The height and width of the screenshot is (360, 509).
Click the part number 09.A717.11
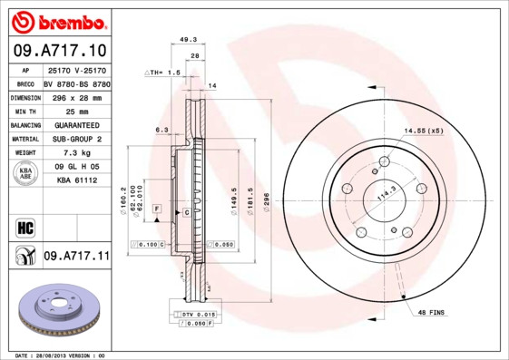pyautogui.click(x=76, y=258)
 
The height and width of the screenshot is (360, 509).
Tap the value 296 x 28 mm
pyautogui.click(x=75, y=96)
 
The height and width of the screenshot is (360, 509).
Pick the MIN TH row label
pyautogui.click(x=24, y=110)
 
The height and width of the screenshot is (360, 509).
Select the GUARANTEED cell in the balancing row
pyautogui.click(x=76, y=125)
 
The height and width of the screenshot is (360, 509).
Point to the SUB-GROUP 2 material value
pyautogui.click(x=76, y=140)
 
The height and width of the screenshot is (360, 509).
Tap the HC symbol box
pyautogui.click(x=24, y=227)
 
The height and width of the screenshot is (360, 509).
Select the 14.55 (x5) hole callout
pyautogui.click(x=424, y=131)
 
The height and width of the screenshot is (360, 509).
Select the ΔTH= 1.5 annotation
pyautogui.click(x=164, y=71)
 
